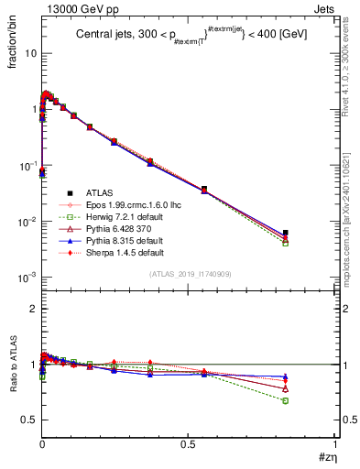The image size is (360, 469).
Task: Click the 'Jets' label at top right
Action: [x=326, y=7]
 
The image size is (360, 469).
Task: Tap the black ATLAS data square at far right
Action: [x=286, y=233]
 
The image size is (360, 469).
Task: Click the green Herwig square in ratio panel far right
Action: [x=286, y=400]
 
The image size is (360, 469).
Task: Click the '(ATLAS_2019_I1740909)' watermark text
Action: [x=188, y=274]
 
